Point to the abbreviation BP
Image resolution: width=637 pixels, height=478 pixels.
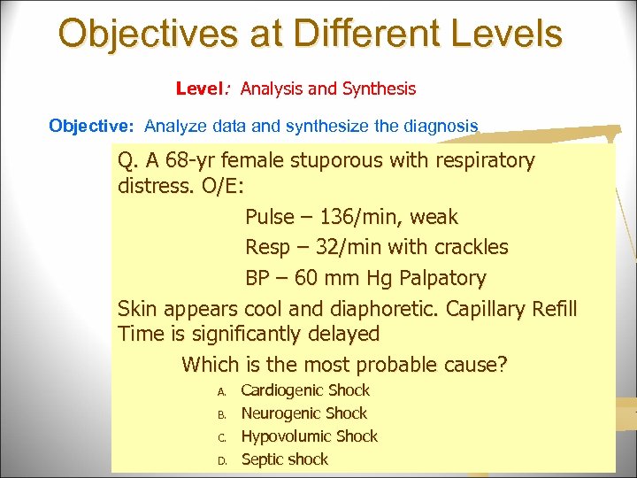coord(257,279)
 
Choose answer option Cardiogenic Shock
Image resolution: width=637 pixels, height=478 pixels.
coord(305,390)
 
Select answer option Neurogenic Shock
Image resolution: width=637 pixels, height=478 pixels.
coord(303,413)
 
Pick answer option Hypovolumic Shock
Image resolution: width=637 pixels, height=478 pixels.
coord(309,436)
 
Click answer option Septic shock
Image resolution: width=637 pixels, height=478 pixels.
coord(284,459)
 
